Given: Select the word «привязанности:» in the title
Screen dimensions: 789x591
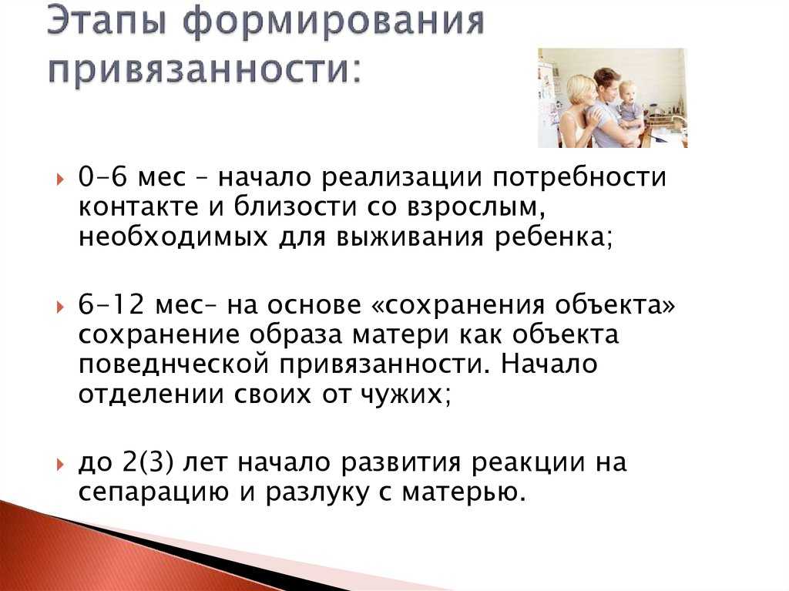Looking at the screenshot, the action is pos(205,69).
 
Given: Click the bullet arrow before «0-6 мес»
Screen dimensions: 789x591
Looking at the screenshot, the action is pos(61,180).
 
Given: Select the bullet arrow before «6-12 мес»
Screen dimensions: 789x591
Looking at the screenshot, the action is pos(61,307).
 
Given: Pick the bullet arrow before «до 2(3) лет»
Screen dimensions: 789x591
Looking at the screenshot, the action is pos(61,464).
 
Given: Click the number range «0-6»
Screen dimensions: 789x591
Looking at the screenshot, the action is pos(102,177).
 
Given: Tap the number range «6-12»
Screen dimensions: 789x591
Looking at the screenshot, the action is pos(111,304).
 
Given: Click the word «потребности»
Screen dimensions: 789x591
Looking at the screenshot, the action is pos(579,178).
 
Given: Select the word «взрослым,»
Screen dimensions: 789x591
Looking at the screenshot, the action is pos(476,208).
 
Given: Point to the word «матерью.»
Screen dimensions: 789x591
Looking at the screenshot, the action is pos(463,492).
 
